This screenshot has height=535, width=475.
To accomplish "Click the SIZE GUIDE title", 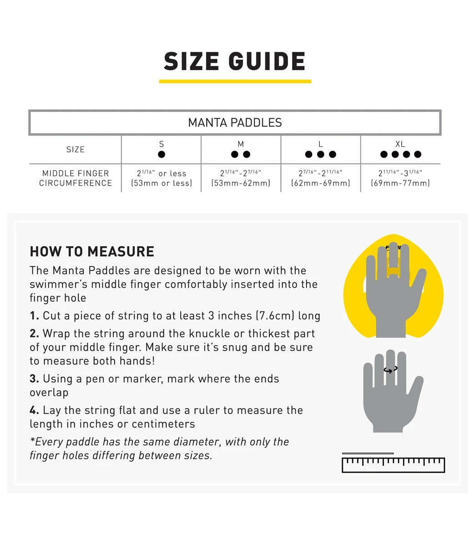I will (x=235, y=61).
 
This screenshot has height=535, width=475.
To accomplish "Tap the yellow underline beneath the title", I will (x=235, y=81).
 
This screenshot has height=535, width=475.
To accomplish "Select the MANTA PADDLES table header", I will (x=235, y=122).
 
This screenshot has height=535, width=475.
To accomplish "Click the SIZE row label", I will (x=75, y=149).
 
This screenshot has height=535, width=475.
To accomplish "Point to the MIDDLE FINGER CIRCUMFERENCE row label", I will (x=75, y=178).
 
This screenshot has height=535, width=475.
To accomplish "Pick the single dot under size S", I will (x=162, y=154).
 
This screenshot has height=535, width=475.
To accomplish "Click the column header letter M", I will (x=241, y=144).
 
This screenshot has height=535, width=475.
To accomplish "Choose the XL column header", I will (x=400, y=144).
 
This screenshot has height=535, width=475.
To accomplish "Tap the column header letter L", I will (x=321, y=144).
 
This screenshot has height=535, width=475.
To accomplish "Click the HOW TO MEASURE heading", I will (x=92, y=252).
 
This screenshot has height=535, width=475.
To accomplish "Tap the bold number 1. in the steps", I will (x=34, y=316).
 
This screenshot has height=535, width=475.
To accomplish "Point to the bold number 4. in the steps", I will (x=34, y=410).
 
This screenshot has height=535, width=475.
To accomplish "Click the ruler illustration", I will (x=393, y=464).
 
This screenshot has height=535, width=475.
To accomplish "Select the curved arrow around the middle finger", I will (x=390, y=370).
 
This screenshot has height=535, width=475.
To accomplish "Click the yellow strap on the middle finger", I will (x=393, y=271).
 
